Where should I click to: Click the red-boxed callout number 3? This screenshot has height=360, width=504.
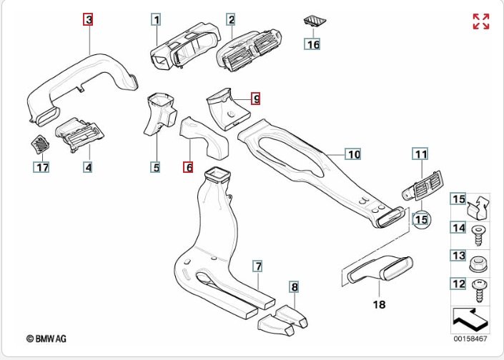pos(89,20)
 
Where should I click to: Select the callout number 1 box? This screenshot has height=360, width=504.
pos(156,20)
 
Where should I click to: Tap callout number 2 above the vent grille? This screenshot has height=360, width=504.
pos(232,20)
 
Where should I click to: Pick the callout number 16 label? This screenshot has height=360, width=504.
pos(312,44)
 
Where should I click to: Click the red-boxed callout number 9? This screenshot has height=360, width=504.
pos(256,99)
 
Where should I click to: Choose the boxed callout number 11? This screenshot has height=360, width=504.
pos(420,154)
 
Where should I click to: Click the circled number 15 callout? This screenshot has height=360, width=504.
pos(421,219)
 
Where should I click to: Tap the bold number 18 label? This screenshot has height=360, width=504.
pos(379,304)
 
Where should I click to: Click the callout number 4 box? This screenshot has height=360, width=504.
pos(89,168)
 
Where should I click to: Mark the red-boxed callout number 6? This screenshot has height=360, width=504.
pos(188,167)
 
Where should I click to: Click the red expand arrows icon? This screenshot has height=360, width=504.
pos(480,21)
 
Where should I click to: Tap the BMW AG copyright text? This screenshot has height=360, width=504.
pos(51,339)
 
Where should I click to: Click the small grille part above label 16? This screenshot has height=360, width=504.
pos(312,21)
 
